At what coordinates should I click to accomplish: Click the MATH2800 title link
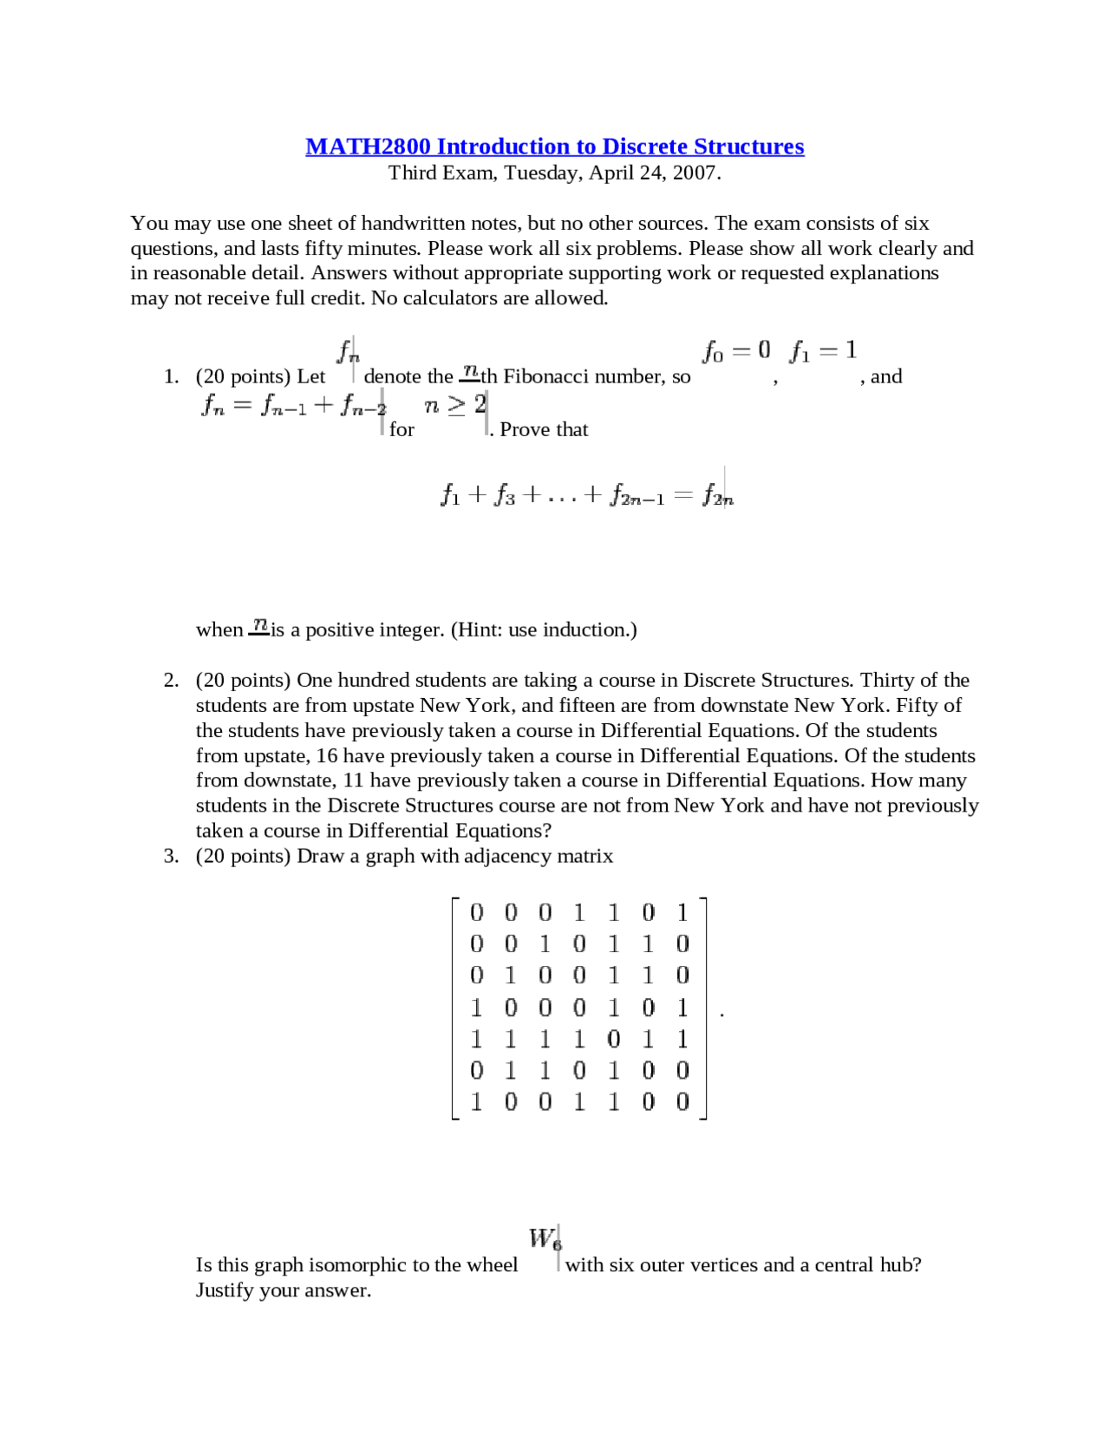tap(554, 147)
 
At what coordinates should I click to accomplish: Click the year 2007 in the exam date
tap(695, 173)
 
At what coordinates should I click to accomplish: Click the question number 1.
tap(171, 376)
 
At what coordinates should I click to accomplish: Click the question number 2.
tap(171, 680)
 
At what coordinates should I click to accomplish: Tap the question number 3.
tap(171, 856)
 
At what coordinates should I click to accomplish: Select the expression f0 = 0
tap(736, 350)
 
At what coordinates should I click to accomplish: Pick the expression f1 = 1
tap(823, 350)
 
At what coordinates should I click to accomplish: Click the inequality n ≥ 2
tap(455, 405)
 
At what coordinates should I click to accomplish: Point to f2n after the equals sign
tap(718, 495)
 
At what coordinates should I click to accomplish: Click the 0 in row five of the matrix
tap(614, 1038)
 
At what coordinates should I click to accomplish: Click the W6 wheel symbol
tap(545, 1238)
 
